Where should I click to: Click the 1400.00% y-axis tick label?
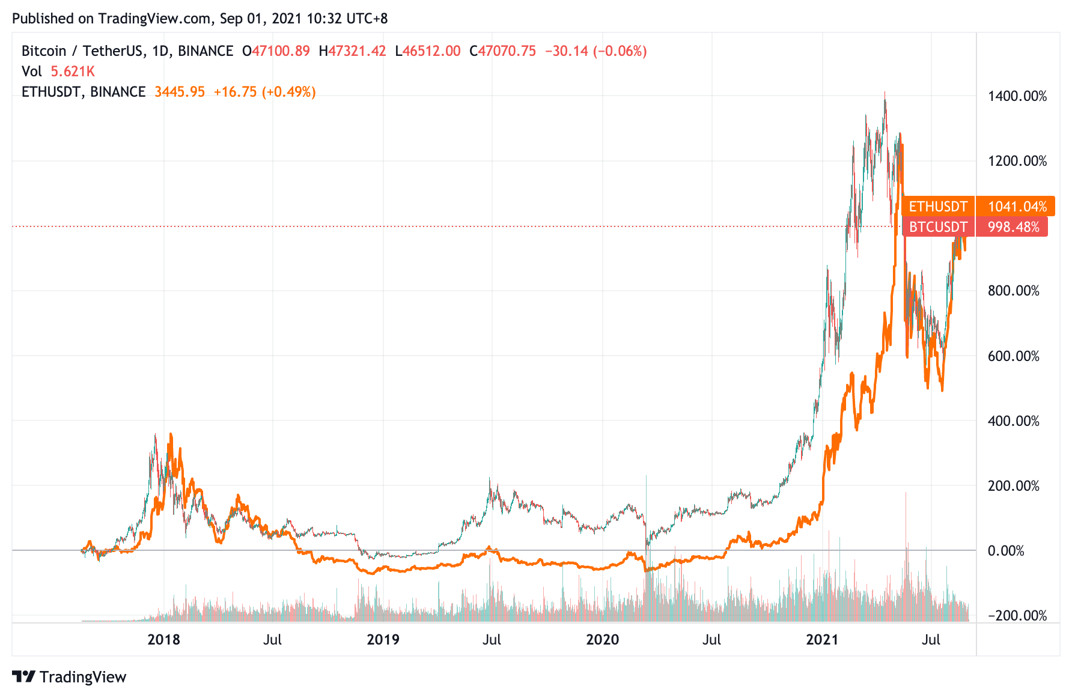1017,96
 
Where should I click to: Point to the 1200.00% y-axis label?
1017,161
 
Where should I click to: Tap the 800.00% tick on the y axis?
1013,291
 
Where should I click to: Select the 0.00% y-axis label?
1006,551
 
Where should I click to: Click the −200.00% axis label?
1017,616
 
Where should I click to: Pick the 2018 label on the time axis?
163,639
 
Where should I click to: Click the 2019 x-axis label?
383,639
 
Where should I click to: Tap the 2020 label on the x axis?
602,639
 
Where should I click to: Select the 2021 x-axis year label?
822,639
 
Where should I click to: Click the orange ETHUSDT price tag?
938,207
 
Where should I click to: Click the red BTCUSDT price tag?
938,227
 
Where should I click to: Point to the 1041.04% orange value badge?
1017,207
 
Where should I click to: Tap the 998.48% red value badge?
1013,227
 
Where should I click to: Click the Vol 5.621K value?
73,71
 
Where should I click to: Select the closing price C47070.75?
502,51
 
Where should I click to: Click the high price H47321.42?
352,51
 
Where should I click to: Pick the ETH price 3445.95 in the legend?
180,92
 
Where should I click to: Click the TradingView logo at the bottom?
70,677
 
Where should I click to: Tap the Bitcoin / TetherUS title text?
82,51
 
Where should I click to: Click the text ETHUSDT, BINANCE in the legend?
84,92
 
